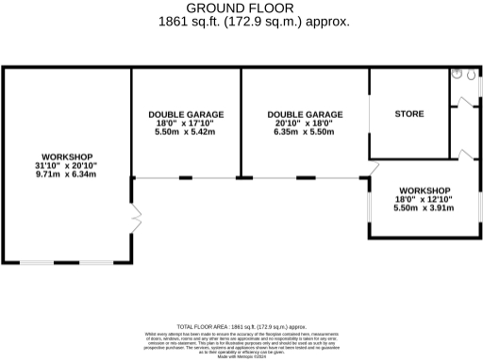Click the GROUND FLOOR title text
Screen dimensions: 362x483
[x=241, y=8]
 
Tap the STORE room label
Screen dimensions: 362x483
[x=408, y=115]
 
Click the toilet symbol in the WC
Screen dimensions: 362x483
[x=457, y=72]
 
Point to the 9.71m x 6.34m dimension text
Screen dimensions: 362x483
[x=66, y=174]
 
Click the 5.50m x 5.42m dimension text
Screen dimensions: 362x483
[x=185, y=132]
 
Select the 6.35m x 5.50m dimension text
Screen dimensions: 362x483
[x=304, y=132]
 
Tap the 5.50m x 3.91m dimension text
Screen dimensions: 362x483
[x=424, y=208]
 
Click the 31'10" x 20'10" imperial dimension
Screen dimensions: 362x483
[x=66, y=165]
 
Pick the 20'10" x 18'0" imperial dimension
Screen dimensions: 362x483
[x=304, y=123]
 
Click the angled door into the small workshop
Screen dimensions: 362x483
[x=372, y=171]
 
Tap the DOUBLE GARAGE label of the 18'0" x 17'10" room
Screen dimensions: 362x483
[x=185, y=114]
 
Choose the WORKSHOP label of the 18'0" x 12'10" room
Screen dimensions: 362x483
[x=424, y=190]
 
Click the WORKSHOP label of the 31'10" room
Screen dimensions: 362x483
[x=66, y=156]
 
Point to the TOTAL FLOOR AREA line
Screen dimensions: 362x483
[x=241, y=326]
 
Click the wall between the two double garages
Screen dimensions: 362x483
[x=241, y=123]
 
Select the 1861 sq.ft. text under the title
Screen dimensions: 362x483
[x=241, y=20]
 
